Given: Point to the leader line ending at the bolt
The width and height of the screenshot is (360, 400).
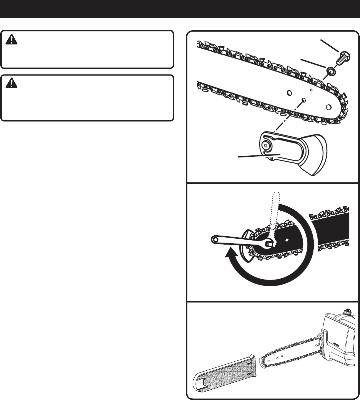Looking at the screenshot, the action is click(329, 46).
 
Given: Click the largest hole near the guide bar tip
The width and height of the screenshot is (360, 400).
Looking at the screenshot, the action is click(329, 106).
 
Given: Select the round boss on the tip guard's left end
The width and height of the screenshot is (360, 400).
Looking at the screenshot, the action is click(267, 145).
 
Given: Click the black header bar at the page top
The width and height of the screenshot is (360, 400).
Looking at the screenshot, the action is click(180, 9).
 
